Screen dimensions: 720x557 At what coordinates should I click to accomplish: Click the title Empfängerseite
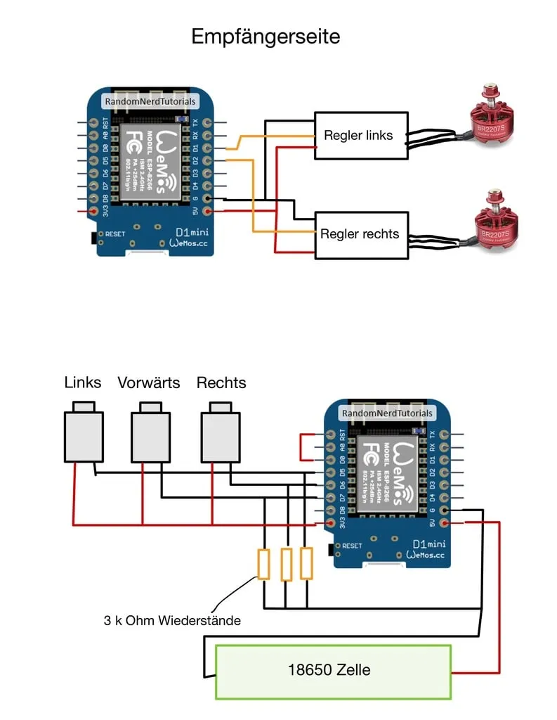[266, 37]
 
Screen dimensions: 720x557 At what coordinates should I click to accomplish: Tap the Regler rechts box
[360, 234]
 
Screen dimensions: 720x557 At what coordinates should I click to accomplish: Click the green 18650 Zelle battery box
[333, 671]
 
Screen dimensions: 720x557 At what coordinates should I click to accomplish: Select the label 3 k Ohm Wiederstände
[171, 620]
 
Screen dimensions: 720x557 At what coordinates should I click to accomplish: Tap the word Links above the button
[83, 382]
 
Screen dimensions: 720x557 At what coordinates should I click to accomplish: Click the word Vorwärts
[149, 382]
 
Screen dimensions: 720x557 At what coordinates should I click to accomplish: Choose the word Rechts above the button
[221, 382]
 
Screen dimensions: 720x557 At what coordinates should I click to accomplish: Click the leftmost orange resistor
[264, 565]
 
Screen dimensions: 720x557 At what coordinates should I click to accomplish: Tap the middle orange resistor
[286, 565]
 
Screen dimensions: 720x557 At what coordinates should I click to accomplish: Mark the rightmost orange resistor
[306, 564]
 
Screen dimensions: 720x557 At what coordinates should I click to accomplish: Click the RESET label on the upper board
[115, 233]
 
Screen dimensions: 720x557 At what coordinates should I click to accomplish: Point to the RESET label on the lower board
[352, 546]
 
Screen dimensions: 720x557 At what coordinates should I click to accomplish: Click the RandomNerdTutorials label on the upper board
[150, 102]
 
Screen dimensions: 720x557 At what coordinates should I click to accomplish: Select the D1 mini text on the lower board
[428, 544]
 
